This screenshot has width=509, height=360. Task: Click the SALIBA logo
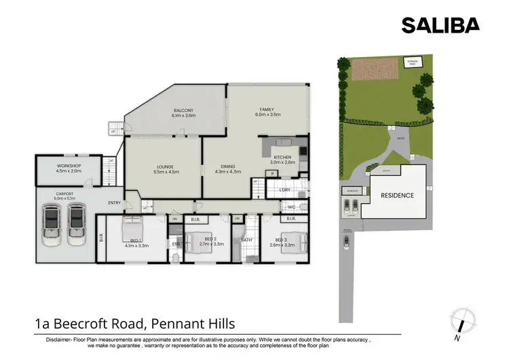(440, 25)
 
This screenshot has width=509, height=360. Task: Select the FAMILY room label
(266, 109)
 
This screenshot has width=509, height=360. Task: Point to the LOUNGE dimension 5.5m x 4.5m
(167, 172)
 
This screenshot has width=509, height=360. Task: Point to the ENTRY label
(113, 202)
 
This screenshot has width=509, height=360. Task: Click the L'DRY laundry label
(285, 190)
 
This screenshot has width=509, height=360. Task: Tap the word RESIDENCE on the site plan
(397, 196)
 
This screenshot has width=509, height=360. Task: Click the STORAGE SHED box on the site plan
(412, 64)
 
